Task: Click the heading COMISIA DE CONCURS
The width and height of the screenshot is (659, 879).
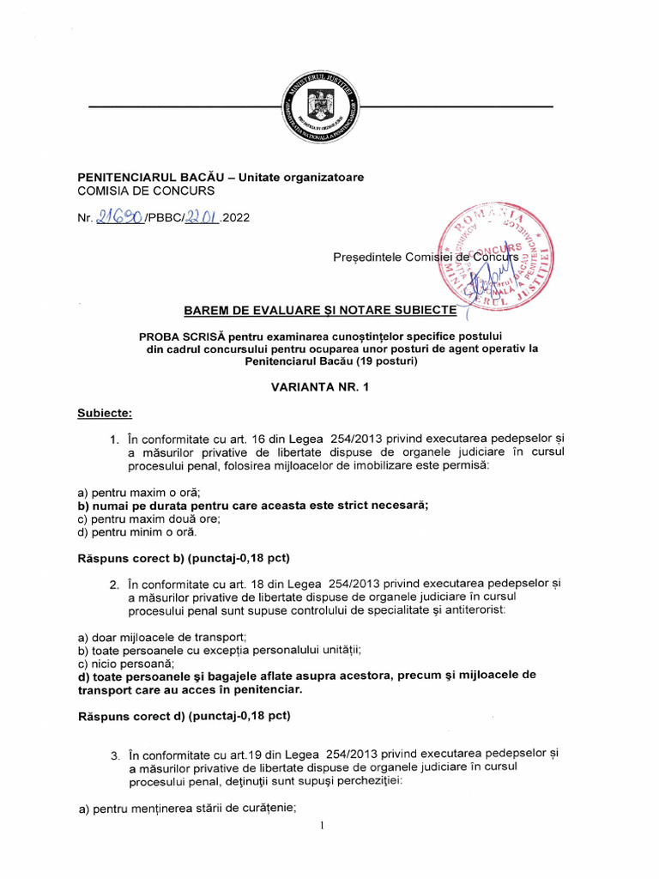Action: coord(146,191)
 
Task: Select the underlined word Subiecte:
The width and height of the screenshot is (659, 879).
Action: coord(105,413)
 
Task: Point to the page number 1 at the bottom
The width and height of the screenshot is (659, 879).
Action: coord(321,826)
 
